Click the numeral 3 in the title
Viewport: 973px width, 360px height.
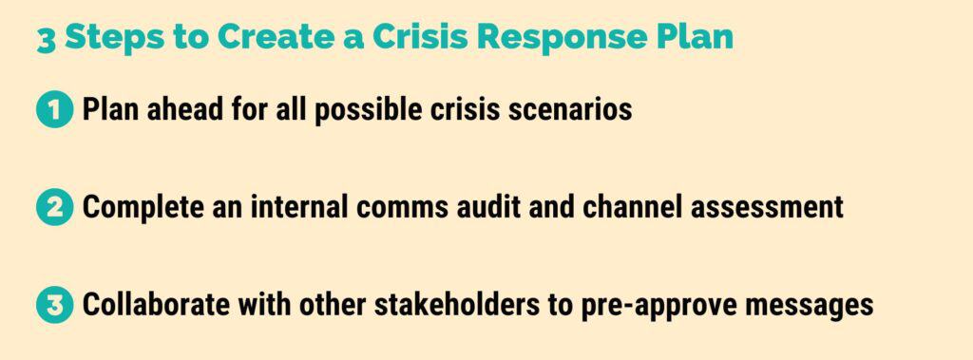click(x=46, y=39)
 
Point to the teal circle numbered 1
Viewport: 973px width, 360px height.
click(x=54, y=110)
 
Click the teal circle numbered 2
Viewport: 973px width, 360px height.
click(x=54, y=207)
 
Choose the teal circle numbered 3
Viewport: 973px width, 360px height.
click(x=54, y=305)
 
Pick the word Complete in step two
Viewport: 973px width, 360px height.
click(x=139, y=207)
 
